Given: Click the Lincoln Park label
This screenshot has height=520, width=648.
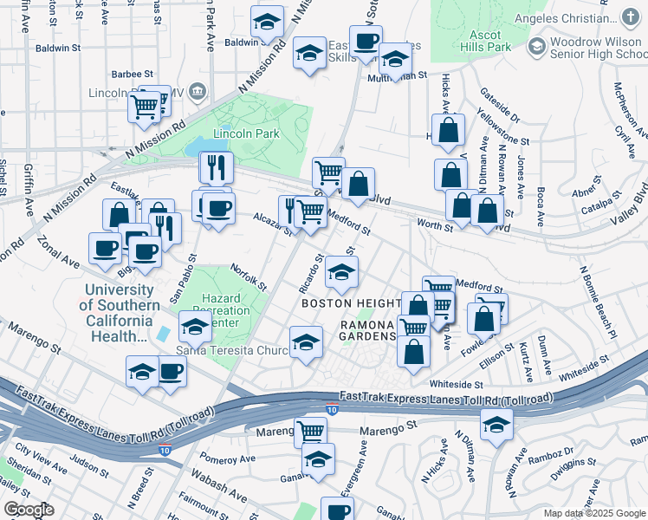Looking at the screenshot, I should [x=246, y=133].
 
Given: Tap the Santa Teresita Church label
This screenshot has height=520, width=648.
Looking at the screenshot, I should [x=231, y=350].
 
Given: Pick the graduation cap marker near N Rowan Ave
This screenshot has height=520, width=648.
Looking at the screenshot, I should [x=496, y=425].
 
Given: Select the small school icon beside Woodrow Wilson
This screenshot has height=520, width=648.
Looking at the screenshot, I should [x=537, y=45].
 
